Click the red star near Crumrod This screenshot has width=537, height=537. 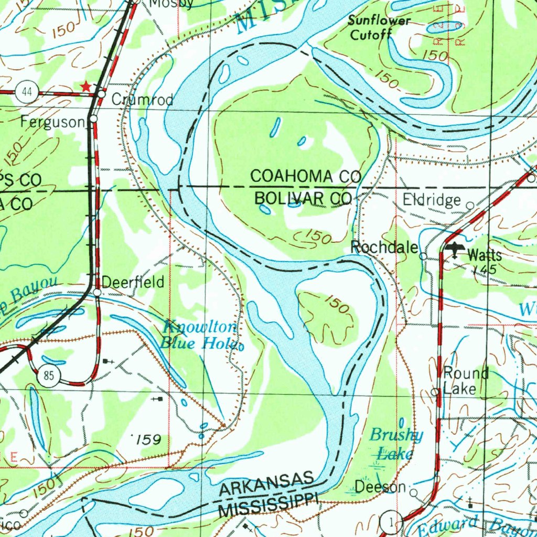(x=85, y=86)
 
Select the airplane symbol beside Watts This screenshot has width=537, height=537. (x=455, y=251)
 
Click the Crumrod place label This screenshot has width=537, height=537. (x=143, y=99)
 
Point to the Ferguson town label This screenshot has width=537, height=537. (x=52, y=123)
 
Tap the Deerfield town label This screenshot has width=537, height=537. (x=133, y=282)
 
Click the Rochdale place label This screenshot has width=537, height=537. (x=384, y=248)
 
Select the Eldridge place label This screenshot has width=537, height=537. (x=432, y=200)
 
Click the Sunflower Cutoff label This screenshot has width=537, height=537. (x=379, y=28)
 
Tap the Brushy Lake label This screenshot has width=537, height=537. (x=395, y=444)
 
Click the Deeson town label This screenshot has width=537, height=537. (x=381, y=487)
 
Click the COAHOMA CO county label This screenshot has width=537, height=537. (x=306, y=177)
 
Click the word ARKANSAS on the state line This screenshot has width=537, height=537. (x=267, y=485)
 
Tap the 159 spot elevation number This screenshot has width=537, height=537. (x=147, y=439)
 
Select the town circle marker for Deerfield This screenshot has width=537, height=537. (x=97, y=292)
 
